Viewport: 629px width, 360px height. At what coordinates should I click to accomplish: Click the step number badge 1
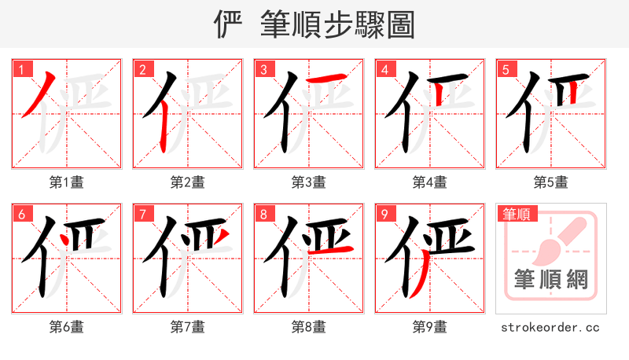(x=21, y=69)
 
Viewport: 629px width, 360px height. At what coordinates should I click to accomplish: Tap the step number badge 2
(x=142, y=69)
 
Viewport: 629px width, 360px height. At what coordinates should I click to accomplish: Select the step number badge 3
(x=263, y=69)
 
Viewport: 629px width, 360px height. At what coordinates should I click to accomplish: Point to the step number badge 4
(x=384, y=69)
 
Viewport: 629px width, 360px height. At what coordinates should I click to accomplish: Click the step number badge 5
(x=506, y=69)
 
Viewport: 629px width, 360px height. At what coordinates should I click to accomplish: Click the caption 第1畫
(x=67, y=182)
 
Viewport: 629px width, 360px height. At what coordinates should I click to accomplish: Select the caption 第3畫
(x=309, y=182)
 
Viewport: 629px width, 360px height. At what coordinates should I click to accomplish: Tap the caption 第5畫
(x=551, y=182)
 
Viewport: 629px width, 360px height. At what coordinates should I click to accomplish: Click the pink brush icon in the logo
(x=559, y=241)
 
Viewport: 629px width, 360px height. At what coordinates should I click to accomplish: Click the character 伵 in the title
(x=229, y=24)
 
